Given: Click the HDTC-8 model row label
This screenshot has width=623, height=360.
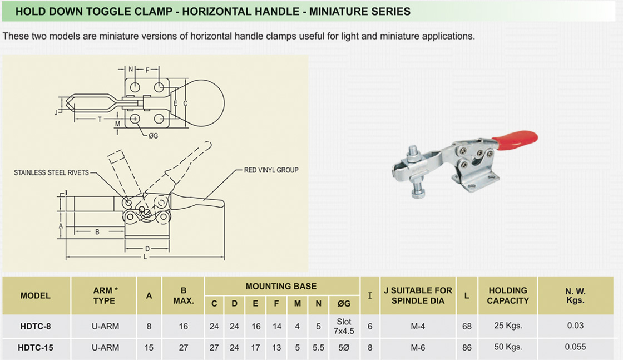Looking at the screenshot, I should (36, 326).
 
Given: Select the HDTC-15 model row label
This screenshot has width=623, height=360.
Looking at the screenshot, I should (36, 347).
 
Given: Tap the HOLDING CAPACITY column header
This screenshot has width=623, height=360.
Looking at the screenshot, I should (507, 295).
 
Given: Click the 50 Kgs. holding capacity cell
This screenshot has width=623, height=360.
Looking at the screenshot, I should (507, 347).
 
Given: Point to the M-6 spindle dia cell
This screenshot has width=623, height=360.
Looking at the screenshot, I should (418, 347).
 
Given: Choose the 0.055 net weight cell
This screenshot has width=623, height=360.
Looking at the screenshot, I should (575, 347).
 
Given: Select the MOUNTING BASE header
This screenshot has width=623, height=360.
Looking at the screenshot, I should (281, 287).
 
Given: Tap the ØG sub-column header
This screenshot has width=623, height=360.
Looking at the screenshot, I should (344, 304).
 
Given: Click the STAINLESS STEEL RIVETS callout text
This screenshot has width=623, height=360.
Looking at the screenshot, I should (51, 173).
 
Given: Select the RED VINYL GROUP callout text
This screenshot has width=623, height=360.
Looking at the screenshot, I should (271, 170).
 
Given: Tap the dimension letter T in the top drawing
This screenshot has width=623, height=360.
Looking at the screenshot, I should (100, 119).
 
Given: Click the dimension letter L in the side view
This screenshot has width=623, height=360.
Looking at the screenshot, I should (144, 258).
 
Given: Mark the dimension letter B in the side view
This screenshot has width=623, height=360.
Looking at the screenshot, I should (97, 232).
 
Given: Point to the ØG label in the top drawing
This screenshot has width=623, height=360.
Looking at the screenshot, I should (153, 135).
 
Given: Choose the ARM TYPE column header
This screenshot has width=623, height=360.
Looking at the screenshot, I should (104, 295).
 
